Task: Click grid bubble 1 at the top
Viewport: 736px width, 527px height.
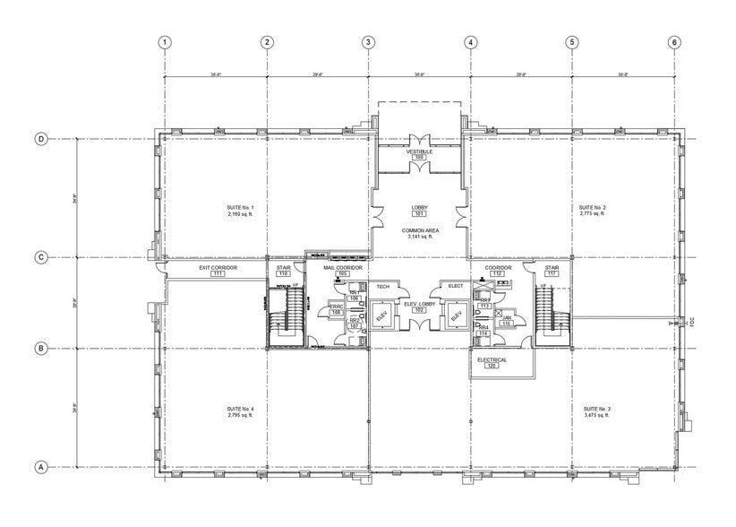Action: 165,42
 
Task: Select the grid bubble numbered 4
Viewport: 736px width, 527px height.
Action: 470,42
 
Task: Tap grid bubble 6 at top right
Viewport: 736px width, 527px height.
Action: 673,42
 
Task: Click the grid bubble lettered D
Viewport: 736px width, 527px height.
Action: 40,139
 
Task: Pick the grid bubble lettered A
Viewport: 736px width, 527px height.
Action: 40,467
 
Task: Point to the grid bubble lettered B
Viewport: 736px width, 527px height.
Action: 40,349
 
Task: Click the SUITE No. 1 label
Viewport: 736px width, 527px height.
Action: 240,208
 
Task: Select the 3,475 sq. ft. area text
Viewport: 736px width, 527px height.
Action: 593,417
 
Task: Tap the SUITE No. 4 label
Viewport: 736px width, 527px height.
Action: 240,410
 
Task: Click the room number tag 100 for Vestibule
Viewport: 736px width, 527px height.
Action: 419,158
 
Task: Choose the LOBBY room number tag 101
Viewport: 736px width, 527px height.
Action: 419,214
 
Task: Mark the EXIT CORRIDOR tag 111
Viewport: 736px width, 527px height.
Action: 217,273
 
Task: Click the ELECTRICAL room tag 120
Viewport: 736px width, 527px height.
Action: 492,367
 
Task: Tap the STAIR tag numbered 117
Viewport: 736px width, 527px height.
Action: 552,273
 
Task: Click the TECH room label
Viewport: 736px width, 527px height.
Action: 383,286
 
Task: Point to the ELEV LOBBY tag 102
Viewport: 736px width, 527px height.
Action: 419,309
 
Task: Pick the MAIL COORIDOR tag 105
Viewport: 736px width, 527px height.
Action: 341,273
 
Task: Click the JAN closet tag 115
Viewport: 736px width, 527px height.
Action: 507,324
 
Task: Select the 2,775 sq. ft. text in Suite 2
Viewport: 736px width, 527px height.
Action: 593,215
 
